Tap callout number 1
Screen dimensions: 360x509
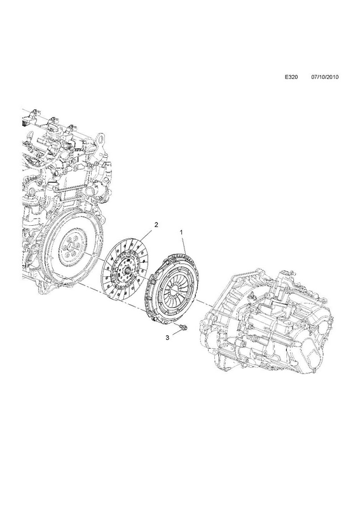[x=181, y=232]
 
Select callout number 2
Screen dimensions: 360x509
[x=156, y=225]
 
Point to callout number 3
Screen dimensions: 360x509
[x=167, y=338]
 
